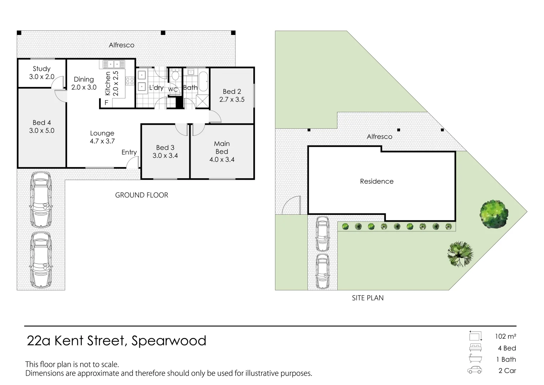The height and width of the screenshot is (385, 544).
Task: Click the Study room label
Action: (42, 69)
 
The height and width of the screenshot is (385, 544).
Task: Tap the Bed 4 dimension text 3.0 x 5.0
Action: (42, 130)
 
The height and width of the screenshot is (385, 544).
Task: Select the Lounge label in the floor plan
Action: (102, 133)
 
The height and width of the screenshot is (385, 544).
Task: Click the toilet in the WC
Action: (175, 76)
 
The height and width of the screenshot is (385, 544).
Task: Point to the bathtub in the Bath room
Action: (202, 82)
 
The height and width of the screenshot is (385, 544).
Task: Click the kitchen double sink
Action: (114, 64)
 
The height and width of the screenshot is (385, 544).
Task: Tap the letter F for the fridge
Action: (106, 103)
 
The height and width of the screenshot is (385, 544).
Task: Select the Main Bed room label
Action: (222, 147)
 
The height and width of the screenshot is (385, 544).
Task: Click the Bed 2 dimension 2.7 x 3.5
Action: (232, 99)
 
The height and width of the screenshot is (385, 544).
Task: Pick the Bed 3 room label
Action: (165, 148)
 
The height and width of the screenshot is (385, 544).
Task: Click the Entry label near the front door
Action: (129, 152)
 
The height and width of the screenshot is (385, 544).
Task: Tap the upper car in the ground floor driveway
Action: (41, 200)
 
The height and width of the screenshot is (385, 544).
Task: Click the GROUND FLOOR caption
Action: (141, 195)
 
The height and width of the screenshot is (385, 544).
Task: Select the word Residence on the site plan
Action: (377, 181)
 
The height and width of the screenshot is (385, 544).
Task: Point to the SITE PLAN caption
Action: (368, 298)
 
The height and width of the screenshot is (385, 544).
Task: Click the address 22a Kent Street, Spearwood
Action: (116, 341)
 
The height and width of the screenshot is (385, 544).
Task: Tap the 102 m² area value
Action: (506, 336)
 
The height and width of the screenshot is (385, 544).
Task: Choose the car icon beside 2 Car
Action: (475, 370)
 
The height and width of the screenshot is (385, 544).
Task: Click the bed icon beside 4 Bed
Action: (475, 348)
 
